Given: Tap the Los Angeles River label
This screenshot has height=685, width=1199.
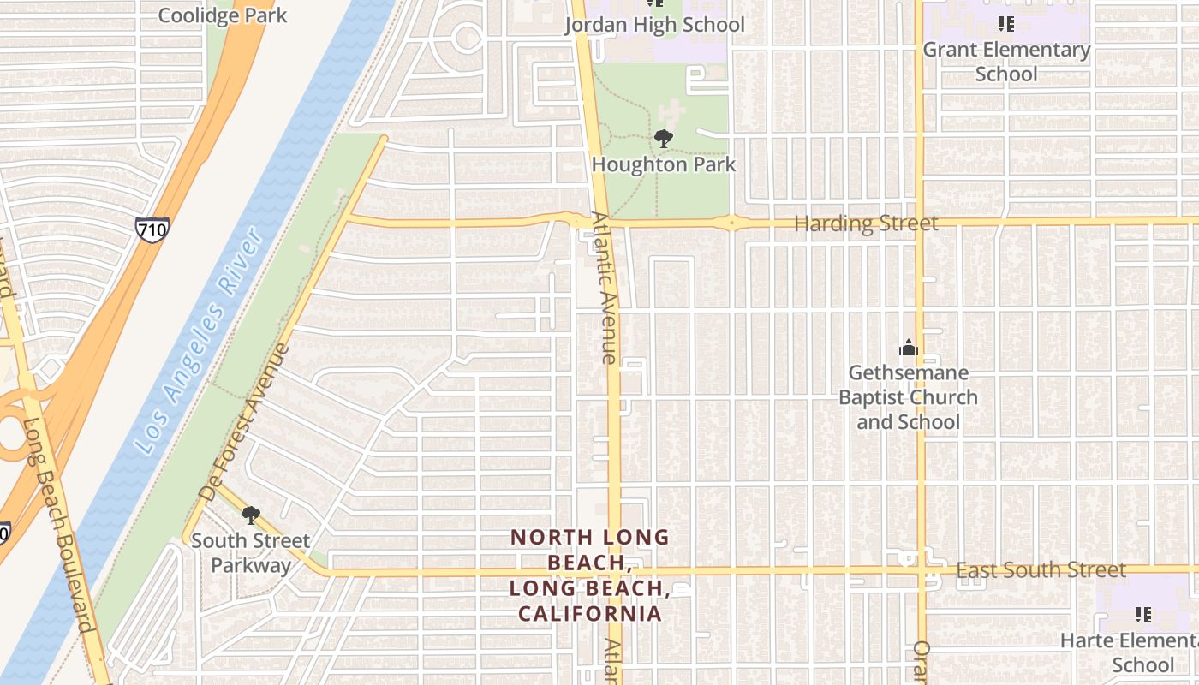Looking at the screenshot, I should [x=198, y=341].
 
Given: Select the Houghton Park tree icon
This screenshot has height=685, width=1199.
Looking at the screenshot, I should [x=663, y=138].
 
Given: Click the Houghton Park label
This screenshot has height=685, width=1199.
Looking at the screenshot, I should [x=664, y=164].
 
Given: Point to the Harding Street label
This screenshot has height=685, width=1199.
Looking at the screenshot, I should [x=866, y=224].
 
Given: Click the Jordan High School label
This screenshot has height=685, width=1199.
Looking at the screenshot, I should [x=654, y=25].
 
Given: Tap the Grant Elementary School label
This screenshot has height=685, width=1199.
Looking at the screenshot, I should [x=1006, y=62].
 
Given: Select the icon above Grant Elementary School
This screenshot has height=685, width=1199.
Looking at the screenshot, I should [x=1006, y=24].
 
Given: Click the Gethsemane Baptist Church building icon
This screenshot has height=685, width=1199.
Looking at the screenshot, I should [x=908, y=348].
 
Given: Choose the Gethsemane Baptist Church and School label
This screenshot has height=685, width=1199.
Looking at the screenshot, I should [x=908, y=397].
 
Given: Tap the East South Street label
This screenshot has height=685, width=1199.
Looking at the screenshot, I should [x=1041, y=570].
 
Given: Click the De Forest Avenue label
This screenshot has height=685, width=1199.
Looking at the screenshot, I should [x=244, y=422].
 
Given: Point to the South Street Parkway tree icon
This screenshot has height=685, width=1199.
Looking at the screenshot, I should [x=251, y=515].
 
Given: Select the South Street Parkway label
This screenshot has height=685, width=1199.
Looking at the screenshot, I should [x=250, y=553].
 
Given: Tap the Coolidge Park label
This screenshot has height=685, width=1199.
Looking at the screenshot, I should [x=223, y=15].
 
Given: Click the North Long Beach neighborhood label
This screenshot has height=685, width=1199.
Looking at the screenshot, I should [x=590, y=575].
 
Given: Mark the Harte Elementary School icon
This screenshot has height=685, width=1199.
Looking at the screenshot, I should [x=1142, y=614].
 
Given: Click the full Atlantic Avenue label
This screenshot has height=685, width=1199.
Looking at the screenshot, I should [x=603, y=288].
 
